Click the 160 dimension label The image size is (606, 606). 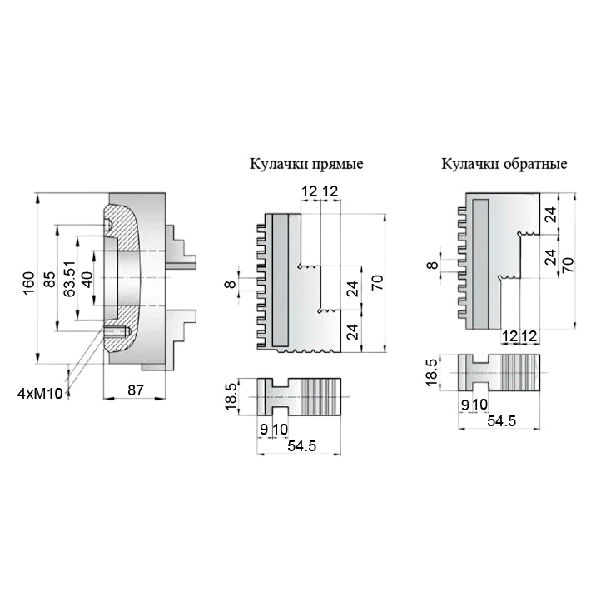tap(29, 284)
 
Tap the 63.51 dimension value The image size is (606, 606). tap(70, 280)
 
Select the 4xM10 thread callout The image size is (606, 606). tap(40, 394)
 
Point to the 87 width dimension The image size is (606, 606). tap(136, 390)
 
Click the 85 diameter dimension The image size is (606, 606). tap(49, 280)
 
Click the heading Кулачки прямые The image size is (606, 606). tap(306, 164)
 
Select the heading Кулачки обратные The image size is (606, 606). tap(504, 164)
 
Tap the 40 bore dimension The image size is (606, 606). tap(88, 280)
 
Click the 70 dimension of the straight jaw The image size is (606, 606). tap(377, 282)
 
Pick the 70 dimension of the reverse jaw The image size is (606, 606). tap(568, 265)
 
